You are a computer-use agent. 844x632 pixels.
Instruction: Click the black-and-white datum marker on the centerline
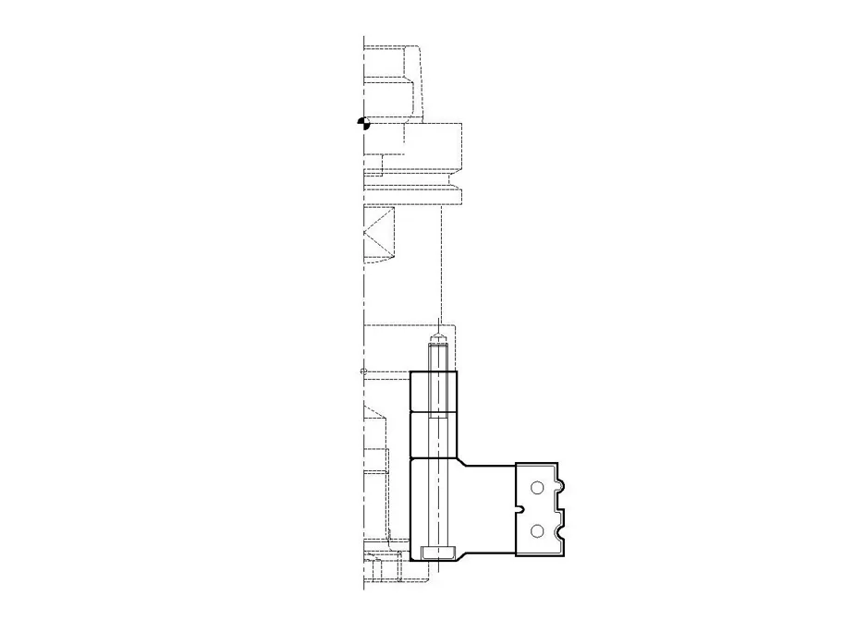[x=364, y=123]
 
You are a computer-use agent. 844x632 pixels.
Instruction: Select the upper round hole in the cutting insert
[x=537, y=487]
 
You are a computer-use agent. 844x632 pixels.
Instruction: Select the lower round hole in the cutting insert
[x=537, y=530]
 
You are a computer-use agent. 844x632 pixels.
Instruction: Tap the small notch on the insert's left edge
[x=521, y=508]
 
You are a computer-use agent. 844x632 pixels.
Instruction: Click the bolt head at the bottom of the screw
[x=439, y=553]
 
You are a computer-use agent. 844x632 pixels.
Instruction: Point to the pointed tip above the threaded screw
[x=439, y=336]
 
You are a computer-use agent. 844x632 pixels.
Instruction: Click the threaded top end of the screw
[x=439, y=356]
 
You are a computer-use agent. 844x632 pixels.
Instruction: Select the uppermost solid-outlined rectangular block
[x=432, y=391]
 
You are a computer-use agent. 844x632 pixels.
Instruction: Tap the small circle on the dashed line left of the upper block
[x=362, y=371]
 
